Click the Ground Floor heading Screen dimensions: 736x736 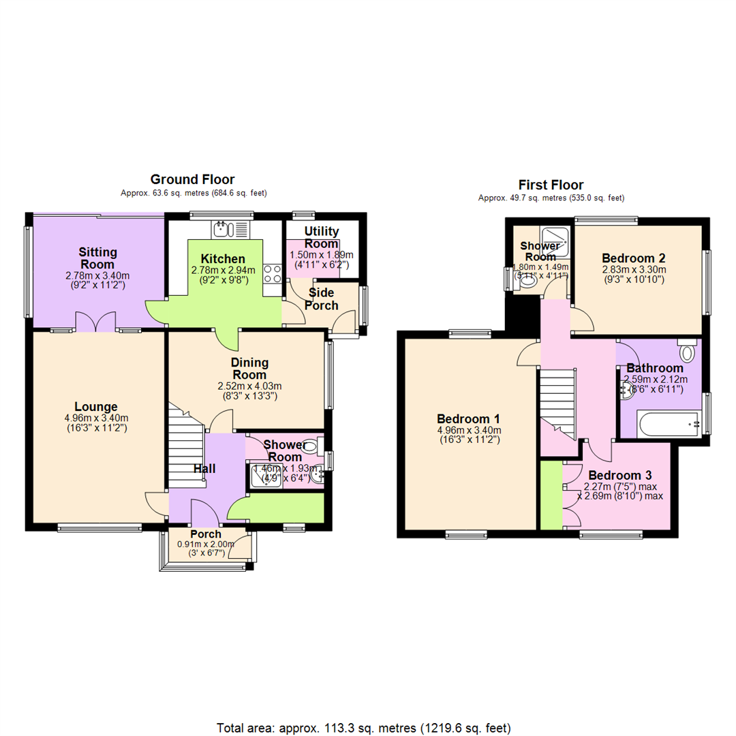(x=192, y=179)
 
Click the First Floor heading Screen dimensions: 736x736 (x=551, y=185)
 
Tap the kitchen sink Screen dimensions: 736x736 (x=224, y=230)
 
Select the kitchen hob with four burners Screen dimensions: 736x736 (x=273, y=274)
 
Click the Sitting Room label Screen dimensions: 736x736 (x=97, y=258)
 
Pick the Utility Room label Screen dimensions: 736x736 (x=322, y=237)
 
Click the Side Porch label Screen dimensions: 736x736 (x=322, y=298)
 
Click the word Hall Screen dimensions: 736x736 (x=204, y=469)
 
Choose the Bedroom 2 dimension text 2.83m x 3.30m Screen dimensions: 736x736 (x=634, y=269)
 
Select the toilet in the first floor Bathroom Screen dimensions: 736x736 (x=687, y=352)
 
